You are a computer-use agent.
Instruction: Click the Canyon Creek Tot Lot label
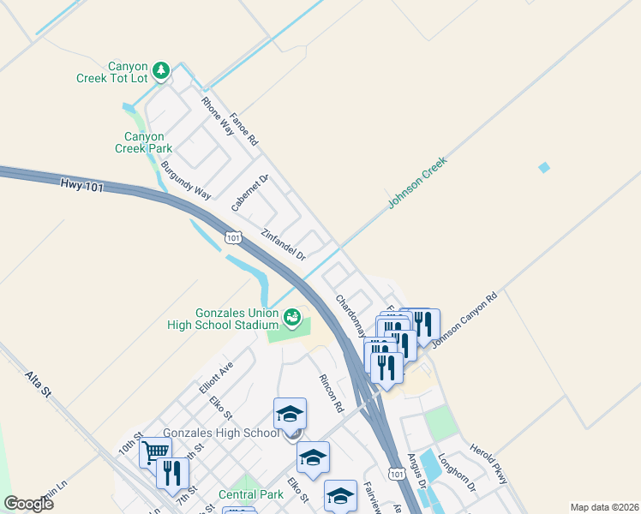[x=128, y=72]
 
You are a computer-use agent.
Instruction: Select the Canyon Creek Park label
[x=144, y=142]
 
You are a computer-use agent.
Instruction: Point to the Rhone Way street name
[x=218, y=116]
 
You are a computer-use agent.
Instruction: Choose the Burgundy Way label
[x=186, y=180]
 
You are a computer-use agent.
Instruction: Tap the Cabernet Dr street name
[x=250, y=193]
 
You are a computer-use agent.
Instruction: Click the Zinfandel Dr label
[x=284, y=244]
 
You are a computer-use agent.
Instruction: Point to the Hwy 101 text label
[x=81, y=185]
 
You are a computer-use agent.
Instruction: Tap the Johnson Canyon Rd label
[x=464, y=321]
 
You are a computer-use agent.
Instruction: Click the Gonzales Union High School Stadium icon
[x=292, y=319]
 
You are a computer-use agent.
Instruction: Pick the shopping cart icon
[x=155, y=451]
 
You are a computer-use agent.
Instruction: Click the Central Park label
[x=250, y=494]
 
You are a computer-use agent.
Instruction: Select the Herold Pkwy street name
[x=489, y=463]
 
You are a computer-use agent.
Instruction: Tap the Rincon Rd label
[x=331, y=391]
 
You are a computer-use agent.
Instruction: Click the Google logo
[x=28, y=504]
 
